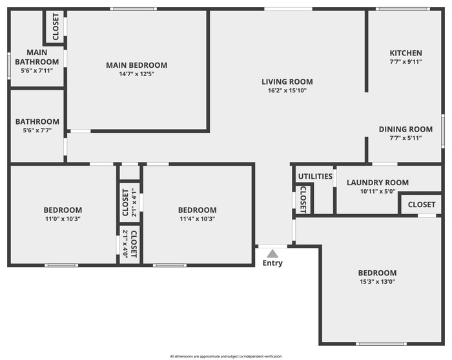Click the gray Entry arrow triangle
tap(272, 254)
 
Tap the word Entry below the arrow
tap(272, 263)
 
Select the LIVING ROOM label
tap(287, 82)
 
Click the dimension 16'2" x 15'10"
tap(287, 90)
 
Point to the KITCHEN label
tap(406, 53)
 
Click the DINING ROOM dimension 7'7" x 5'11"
tap(406, 138)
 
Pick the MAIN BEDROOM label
tap(137, 65)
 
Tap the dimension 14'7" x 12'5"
tap(137, 74)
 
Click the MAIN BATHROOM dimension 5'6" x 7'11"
tap(37, 70)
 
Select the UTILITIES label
tap(315, 176)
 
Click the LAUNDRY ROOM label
tap(378, 183)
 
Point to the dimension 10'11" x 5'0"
tap(378, 191)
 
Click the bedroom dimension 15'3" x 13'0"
tap(377, 282)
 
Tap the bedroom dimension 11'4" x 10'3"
tap(198, 219)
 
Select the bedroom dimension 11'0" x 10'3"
tap(63, 219)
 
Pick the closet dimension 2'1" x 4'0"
tap(125, 244)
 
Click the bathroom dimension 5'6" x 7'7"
tap(37, 130)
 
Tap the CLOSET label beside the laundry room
tap(422, 205)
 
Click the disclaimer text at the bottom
tap(226, 357)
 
